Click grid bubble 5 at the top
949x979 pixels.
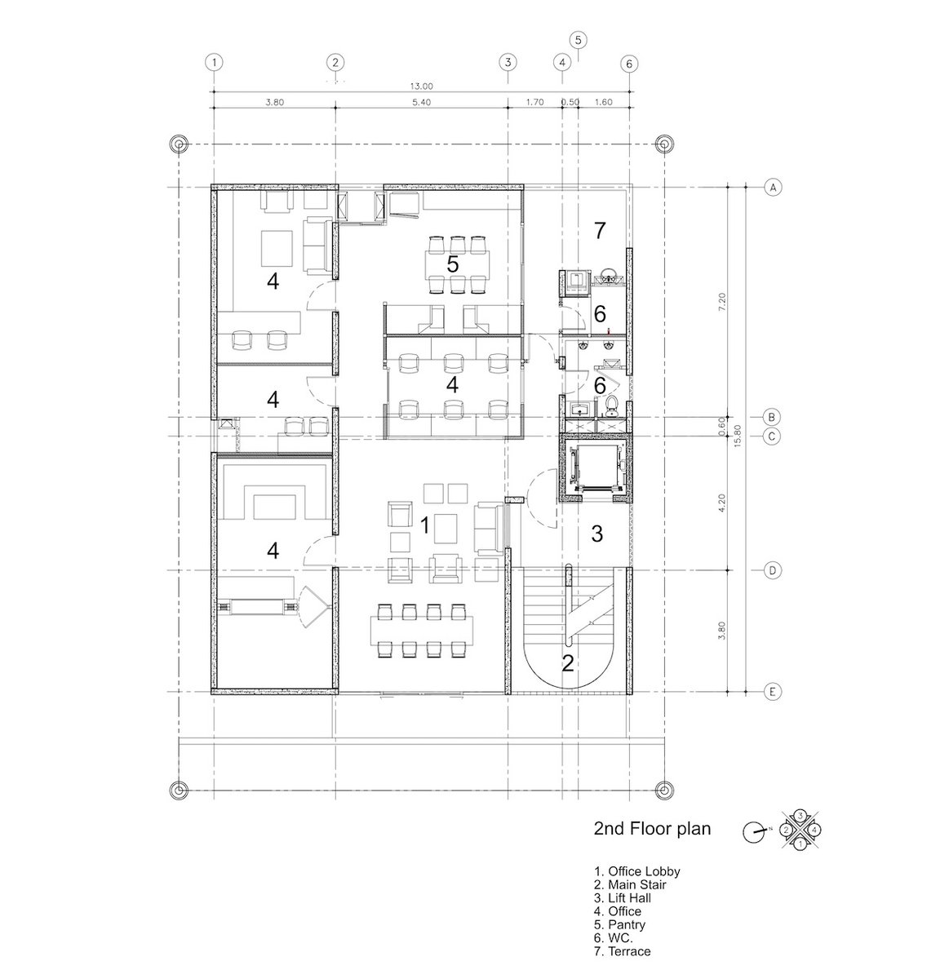tap(578, 40)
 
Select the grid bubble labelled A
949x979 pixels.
tap(773, 188)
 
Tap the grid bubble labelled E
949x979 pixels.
tap(773, 692)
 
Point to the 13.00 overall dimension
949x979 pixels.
tap(421, 86)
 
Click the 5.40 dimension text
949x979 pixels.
tap(421, 102)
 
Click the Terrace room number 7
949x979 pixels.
tap(599, 230)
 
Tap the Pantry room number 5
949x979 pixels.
tap(452, 264)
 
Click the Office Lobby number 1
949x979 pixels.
tap(424, 525)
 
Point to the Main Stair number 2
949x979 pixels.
tap(568, 663)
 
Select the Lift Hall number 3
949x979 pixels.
tap(597, 534)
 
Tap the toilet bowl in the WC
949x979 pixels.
tap(611, 406)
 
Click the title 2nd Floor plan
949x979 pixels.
tap(652, 828)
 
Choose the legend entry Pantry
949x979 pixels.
tap(619, 924)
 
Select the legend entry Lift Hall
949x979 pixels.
tap(623, 898)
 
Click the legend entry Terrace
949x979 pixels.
tap(623, 950)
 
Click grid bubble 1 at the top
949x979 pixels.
tap(215, 63)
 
